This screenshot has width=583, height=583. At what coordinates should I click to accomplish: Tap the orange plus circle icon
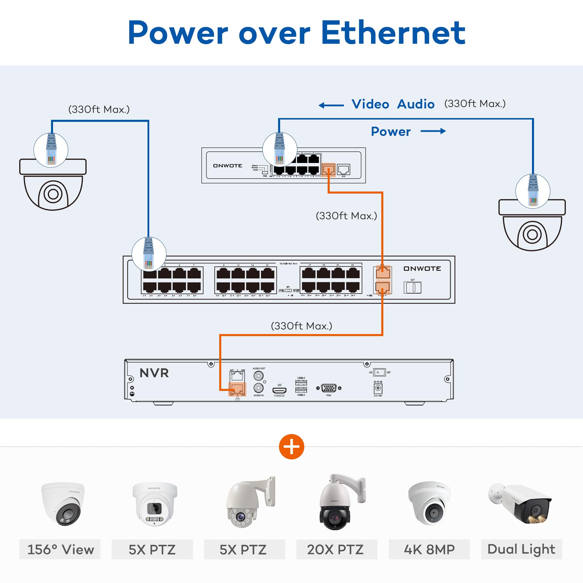(x=291, y=447)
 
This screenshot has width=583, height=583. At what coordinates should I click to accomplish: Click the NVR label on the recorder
(x=154, y=373)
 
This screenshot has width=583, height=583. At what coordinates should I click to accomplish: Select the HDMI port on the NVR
(x=279, y=390)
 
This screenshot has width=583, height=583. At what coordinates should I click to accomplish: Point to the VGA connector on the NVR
(x=329, y=388)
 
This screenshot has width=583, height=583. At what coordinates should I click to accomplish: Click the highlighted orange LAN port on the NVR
(x=237, y=389)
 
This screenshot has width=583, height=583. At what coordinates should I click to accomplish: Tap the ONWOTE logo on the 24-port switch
(x=422, y=268)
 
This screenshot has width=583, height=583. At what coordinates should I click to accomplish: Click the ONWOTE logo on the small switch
(x=228, y=166)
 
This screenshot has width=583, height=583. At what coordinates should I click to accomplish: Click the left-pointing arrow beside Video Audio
(x=331, y=105)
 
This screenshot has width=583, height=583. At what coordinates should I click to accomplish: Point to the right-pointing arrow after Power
(x=433, y=131)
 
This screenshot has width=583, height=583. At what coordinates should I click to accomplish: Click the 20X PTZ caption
(x=335, y=550)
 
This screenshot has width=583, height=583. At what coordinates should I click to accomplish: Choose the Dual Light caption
(x=521, y=549)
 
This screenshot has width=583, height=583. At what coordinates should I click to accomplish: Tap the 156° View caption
(x=60, y=550)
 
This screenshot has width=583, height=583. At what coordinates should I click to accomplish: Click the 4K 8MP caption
(x=429, y=550)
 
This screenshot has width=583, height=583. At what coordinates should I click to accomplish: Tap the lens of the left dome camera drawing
(x=53, y=194)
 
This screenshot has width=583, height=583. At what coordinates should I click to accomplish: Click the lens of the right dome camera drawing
(x=532, y=234)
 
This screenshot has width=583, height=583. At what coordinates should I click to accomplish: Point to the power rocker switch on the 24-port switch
(x=412, y=287)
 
